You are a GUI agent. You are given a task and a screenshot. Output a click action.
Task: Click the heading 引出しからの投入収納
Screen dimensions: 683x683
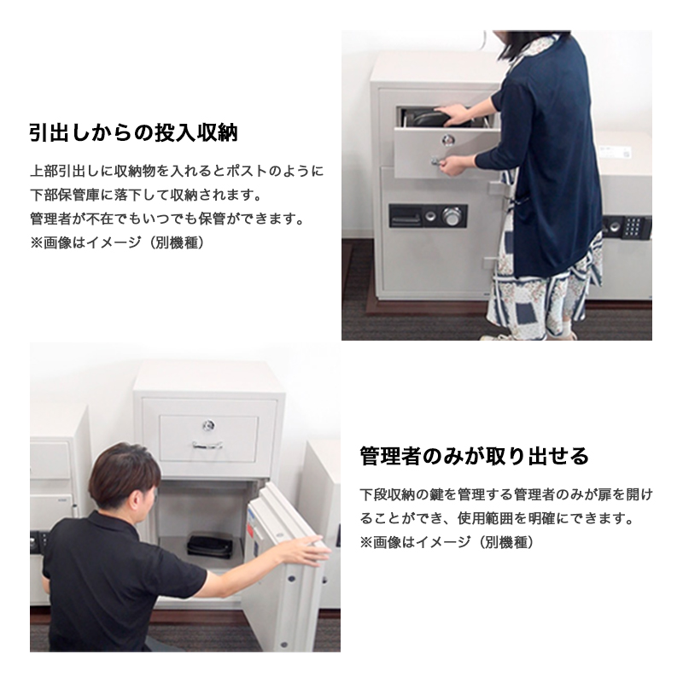[x=134, y=132]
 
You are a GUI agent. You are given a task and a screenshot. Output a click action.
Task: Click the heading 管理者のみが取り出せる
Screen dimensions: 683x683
[x=475, y=456]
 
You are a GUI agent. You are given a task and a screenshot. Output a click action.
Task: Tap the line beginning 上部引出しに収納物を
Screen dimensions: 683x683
[x=177, y=171]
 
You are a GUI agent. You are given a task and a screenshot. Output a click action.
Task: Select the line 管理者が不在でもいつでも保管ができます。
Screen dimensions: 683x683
[x=166, y=219]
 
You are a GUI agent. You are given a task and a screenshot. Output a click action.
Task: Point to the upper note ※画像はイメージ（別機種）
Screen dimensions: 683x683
[x=117, y=242]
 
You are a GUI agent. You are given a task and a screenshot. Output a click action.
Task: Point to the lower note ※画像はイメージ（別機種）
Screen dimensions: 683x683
[x=447, y=542]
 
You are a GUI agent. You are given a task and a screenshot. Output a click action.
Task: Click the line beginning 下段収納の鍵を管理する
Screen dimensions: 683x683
[x=506, y=495]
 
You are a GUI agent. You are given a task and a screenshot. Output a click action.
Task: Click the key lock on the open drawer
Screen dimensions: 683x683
[x=447, y=139]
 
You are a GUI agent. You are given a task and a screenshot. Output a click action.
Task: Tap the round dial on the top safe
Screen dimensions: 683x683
[x=451, y=216]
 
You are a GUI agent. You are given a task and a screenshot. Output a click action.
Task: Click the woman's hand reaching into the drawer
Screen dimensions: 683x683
[x=453, y=114]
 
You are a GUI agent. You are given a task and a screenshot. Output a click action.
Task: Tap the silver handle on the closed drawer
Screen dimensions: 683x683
[x=207, y=445]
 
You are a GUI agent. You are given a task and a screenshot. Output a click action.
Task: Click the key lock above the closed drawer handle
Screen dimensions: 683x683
[x=208, y=424]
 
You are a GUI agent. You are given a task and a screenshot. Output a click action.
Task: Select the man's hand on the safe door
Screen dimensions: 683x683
[x=306, y=551]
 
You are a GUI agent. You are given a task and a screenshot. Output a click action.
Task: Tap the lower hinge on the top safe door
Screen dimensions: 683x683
[x=489, y=263]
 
